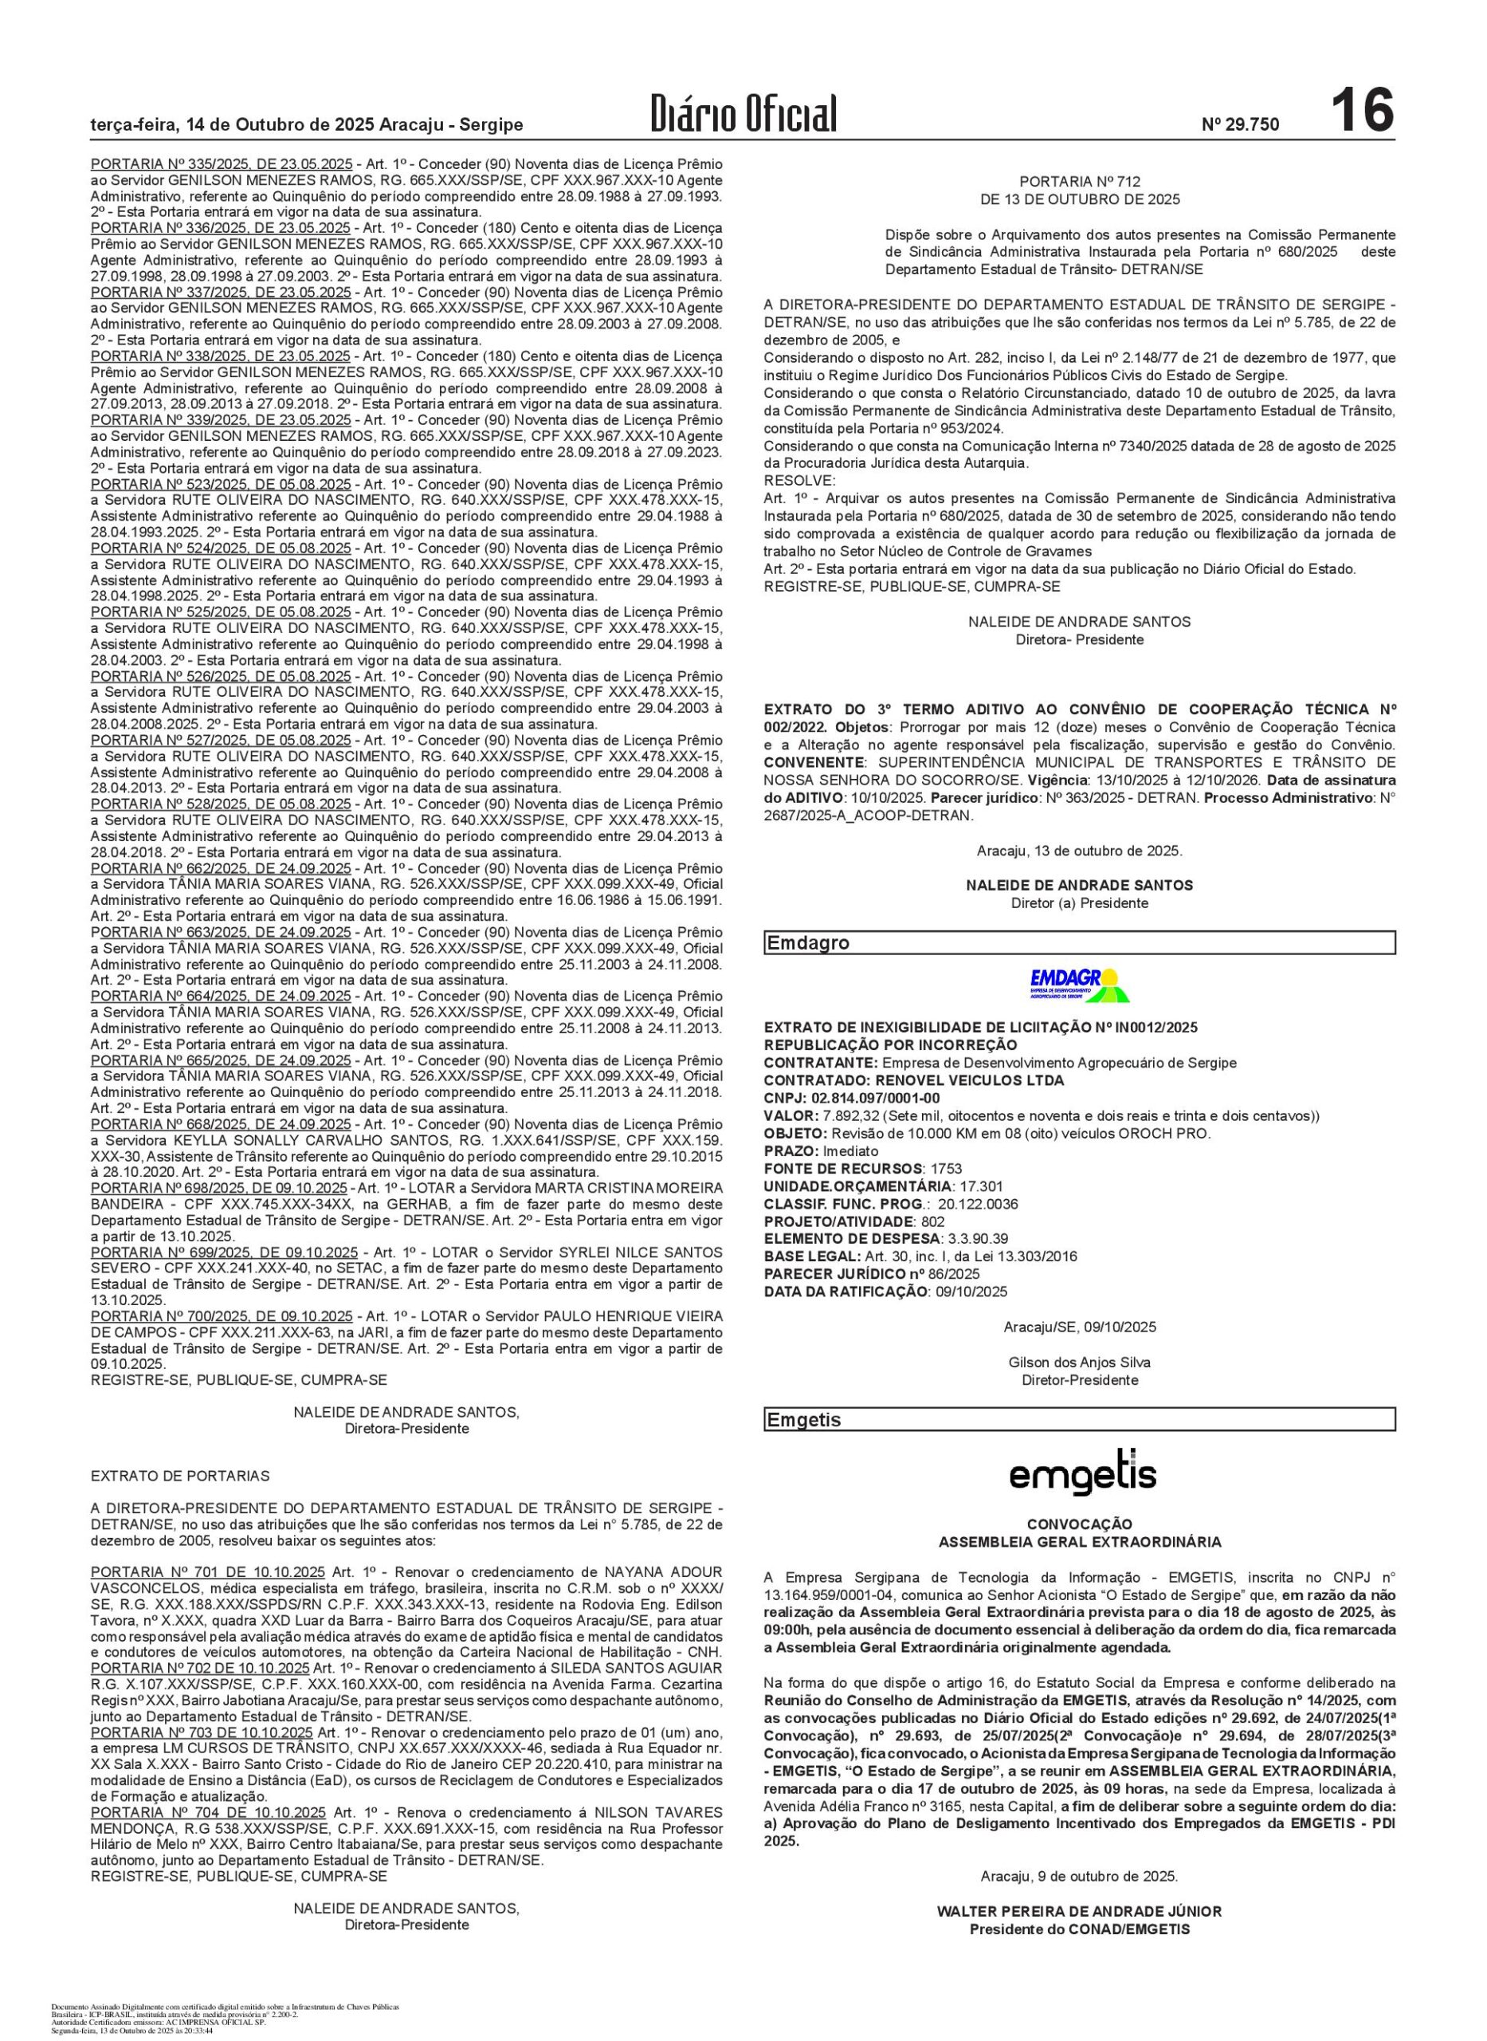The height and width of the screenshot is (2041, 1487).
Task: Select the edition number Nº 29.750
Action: click(1239, 125)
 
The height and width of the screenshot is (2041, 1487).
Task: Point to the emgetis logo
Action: click(1082, 1473)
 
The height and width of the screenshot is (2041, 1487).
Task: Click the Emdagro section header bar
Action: click(1079, 942)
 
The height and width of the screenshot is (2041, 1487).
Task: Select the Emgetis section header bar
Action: click(1079, 1420)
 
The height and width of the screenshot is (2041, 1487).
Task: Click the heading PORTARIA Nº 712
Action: click(1079, 182)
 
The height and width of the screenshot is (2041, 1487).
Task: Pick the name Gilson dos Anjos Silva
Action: click(1079, 1363)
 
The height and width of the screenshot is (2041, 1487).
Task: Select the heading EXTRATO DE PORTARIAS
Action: click(180, 1476)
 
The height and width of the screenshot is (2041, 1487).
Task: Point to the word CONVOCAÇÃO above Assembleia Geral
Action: click(1079, 1524)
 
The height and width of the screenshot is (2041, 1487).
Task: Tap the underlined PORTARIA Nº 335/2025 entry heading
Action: click(222, 165)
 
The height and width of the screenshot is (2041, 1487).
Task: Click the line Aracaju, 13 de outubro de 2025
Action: click(1079, 850)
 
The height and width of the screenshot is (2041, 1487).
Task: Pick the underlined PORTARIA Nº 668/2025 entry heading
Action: click(222, 1124)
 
